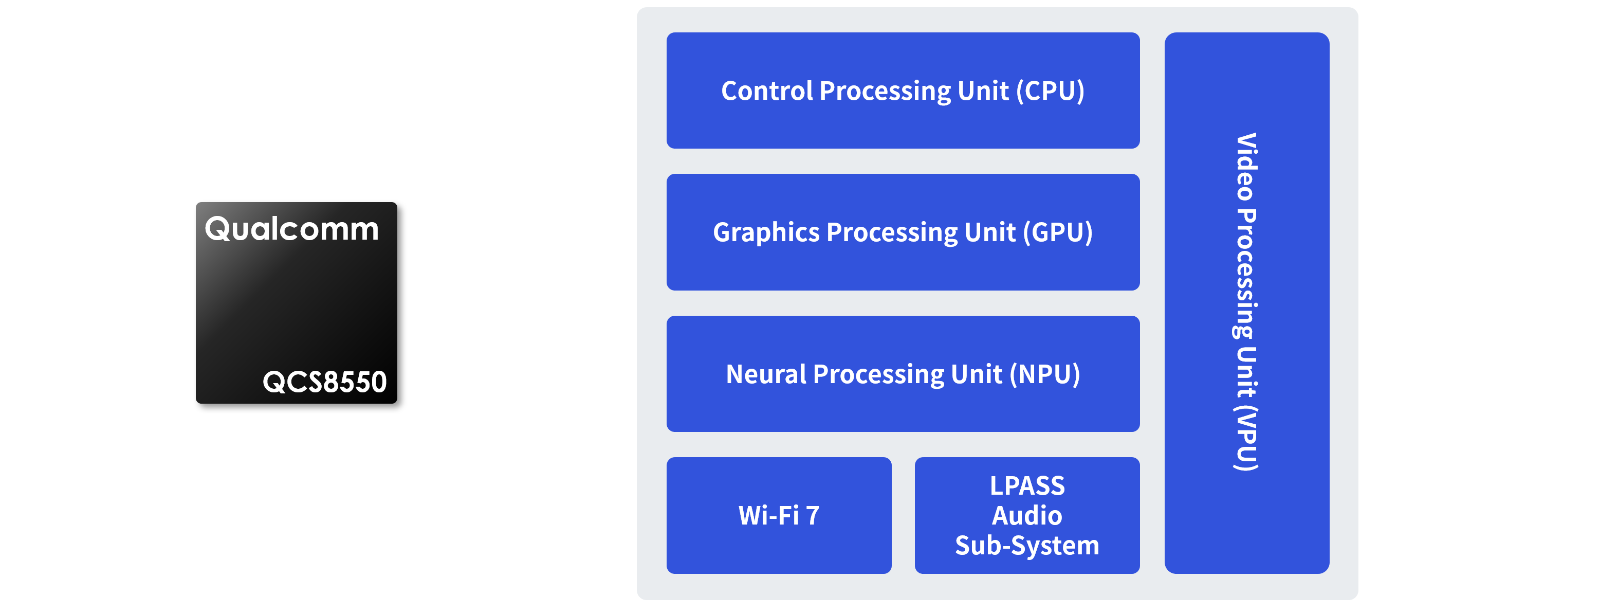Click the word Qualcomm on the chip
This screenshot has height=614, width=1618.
tap(292, 229)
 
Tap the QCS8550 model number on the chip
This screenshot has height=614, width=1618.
tap(324, 382)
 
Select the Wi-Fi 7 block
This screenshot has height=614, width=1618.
tap(779, 515)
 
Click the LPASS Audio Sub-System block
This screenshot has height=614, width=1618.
tap(1027, 515)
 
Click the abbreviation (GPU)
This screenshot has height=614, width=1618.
tap(1058, 232)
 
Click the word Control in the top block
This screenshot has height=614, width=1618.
tap(767, 91)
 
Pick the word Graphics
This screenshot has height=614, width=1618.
tap(766, 232)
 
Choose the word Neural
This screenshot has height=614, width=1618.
tap(766, 374)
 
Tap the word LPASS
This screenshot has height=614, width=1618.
tap(1027, 486)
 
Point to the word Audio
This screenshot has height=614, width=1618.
tap(1027, 516)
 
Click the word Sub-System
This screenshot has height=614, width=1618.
tap(1027, 546)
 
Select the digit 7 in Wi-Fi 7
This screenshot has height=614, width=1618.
tap(813, 516)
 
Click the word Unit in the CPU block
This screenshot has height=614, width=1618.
tap(984, 91)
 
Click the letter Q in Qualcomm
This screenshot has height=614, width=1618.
tap(218, 229)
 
